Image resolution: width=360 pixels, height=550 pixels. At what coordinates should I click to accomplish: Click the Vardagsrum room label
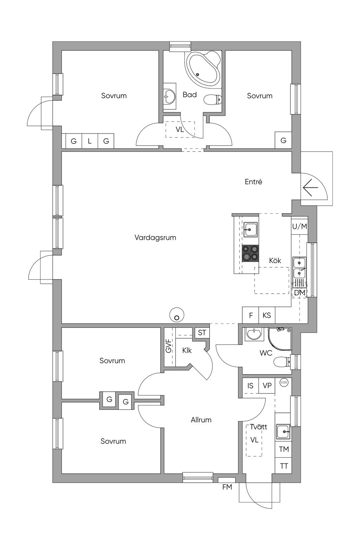[x=155, y=238]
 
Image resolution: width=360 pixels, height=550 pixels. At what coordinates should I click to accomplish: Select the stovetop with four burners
[x=250, y=253]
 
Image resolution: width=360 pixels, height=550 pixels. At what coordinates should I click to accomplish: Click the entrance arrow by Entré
[x=310, y=187]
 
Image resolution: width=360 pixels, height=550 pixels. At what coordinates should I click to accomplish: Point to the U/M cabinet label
[x=300, y=226]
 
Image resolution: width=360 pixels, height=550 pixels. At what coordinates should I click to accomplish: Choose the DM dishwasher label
[x=300, y=293]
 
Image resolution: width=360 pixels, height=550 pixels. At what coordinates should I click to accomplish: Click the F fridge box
[x=251, y=315]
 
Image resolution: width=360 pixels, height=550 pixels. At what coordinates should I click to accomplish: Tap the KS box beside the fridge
[x=267, y=315]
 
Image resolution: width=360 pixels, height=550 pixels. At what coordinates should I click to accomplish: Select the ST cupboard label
[x=202, y=333]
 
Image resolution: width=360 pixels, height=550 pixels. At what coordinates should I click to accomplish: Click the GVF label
[x=168, y=346]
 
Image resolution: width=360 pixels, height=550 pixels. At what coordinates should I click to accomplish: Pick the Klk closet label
[x=187, y=350]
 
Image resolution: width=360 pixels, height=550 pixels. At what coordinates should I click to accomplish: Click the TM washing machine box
[x=283, y=449]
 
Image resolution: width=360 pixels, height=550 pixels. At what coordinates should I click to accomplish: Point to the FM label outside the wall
[x=227, y=487]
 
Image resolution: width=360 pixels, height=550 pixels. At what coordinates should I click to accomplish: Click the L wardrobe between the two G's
[x=90, y=141]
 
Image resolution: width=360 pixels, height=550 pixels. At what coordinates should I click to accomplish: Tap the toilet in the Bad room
[x=212, y=100]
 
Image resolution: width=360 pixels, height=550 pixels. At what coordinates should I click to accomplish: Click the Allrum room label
[x=201, y=420]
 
